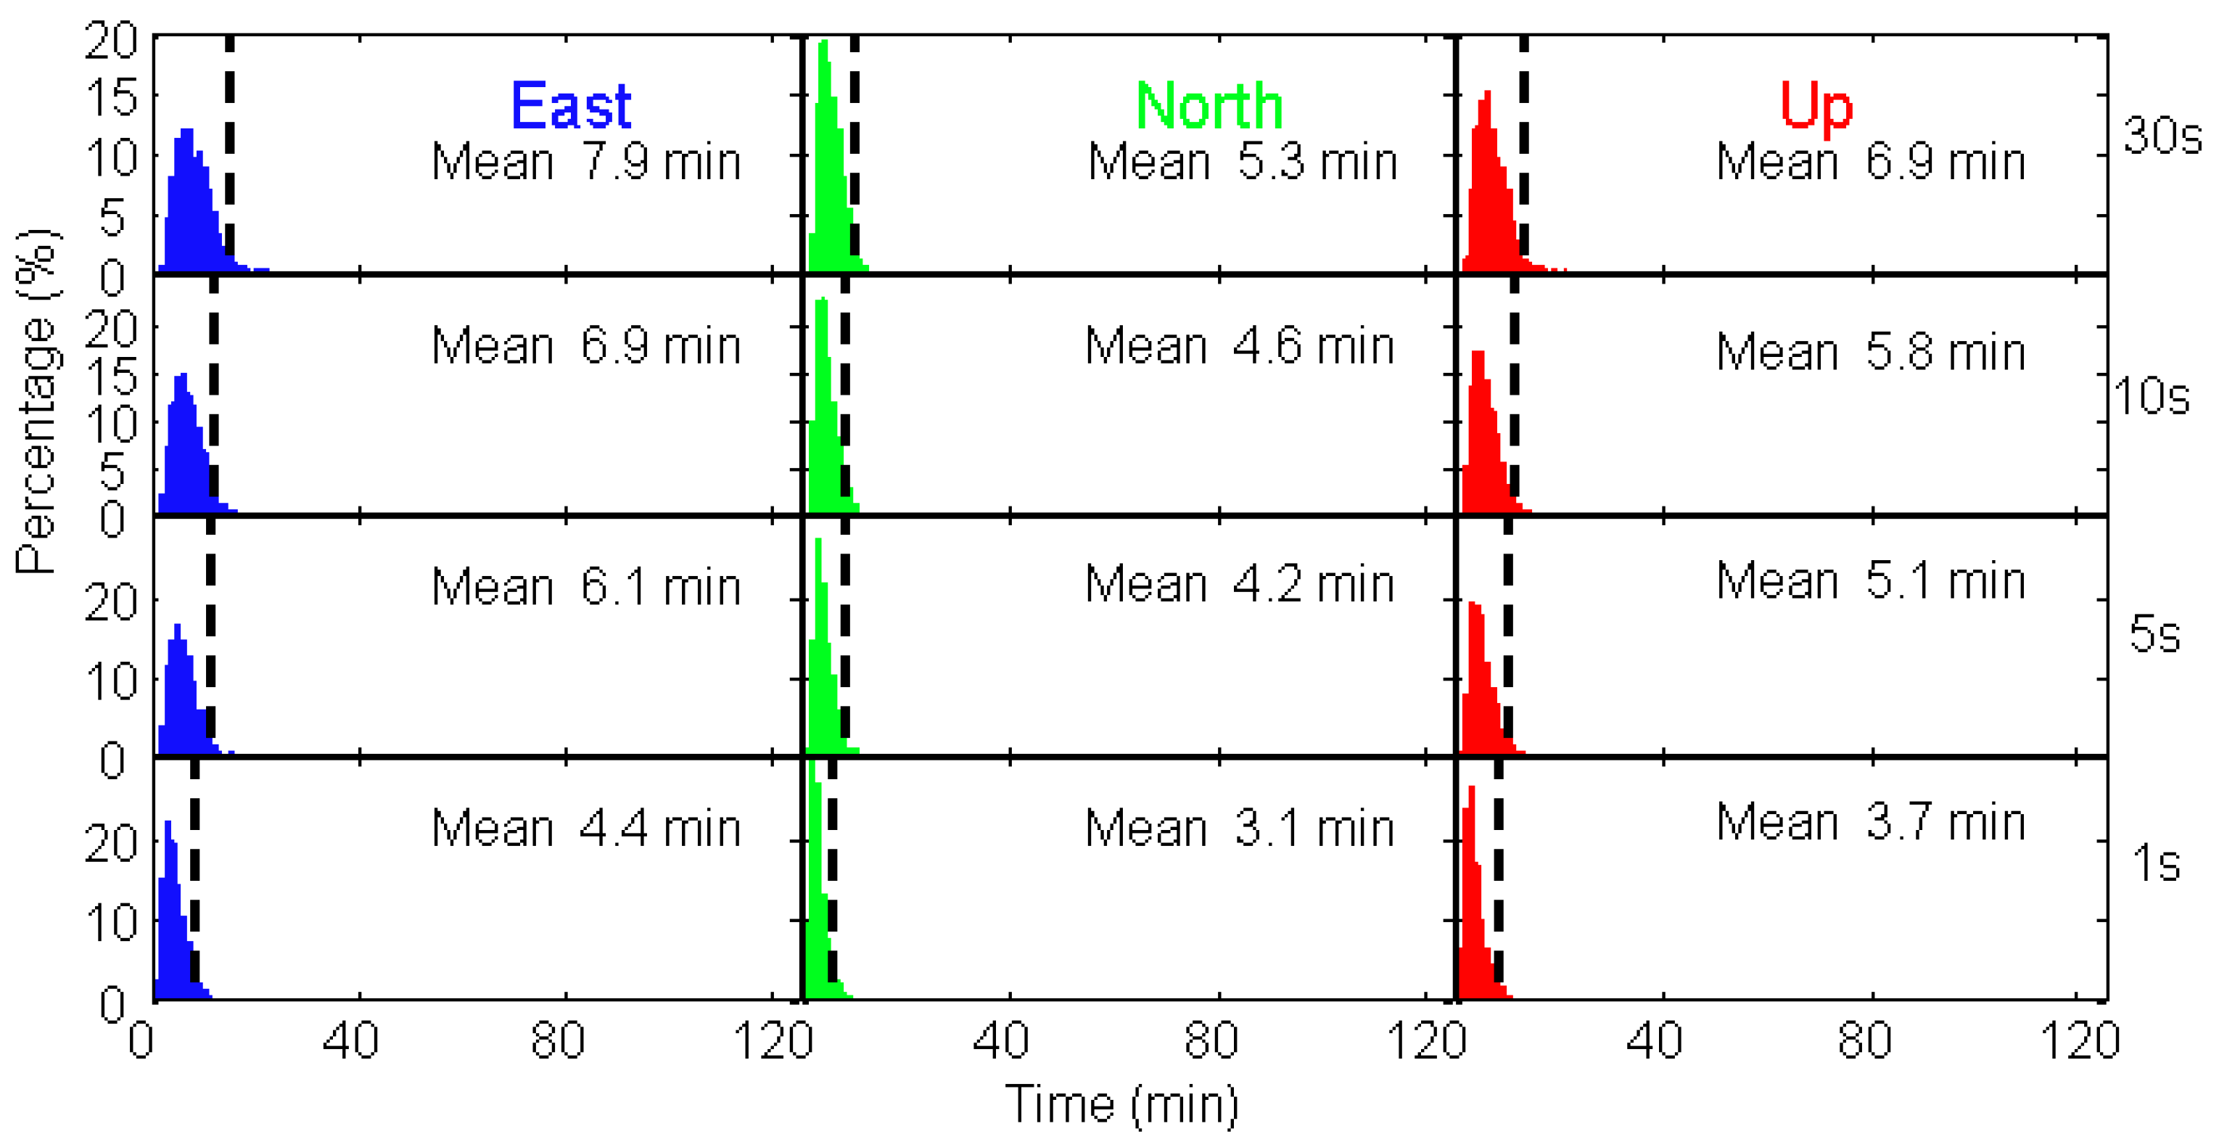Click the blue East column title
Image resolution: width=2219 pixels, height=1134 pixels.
pos(570,106)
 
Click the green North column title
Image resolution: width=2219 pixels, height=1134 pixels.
pos(1209,106)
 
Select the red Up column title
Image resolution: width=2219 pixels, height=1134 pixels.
pos(1816,106)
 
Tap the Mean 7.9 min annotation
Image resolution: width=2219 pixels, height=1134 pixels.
pos(586,162)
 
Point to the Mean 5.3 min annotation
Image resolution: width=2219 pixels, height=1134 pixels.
pos(1242,162)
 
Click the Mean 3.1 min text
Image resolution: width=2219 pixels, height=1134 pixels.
pos(1239,829)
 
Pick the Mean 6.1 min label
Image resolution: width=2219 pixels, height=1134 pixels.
pos(586,588)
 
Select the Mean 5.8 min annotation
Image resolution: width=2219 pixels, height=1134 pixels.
pos(1870,353)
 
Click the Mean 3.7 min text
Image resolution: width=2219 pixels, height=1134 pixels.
pos(1870,822)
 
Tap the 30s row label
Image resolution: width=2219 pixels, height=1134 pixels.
pos(2161,135)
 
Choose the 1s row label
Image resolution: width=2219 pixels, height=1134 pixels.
pos(2156,863)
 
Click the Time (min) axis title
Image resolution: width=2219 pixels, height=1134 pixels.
pos(1121,1104)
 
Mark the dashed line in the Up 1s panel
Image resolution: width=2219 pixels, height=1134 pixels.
pos(1498,887)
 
